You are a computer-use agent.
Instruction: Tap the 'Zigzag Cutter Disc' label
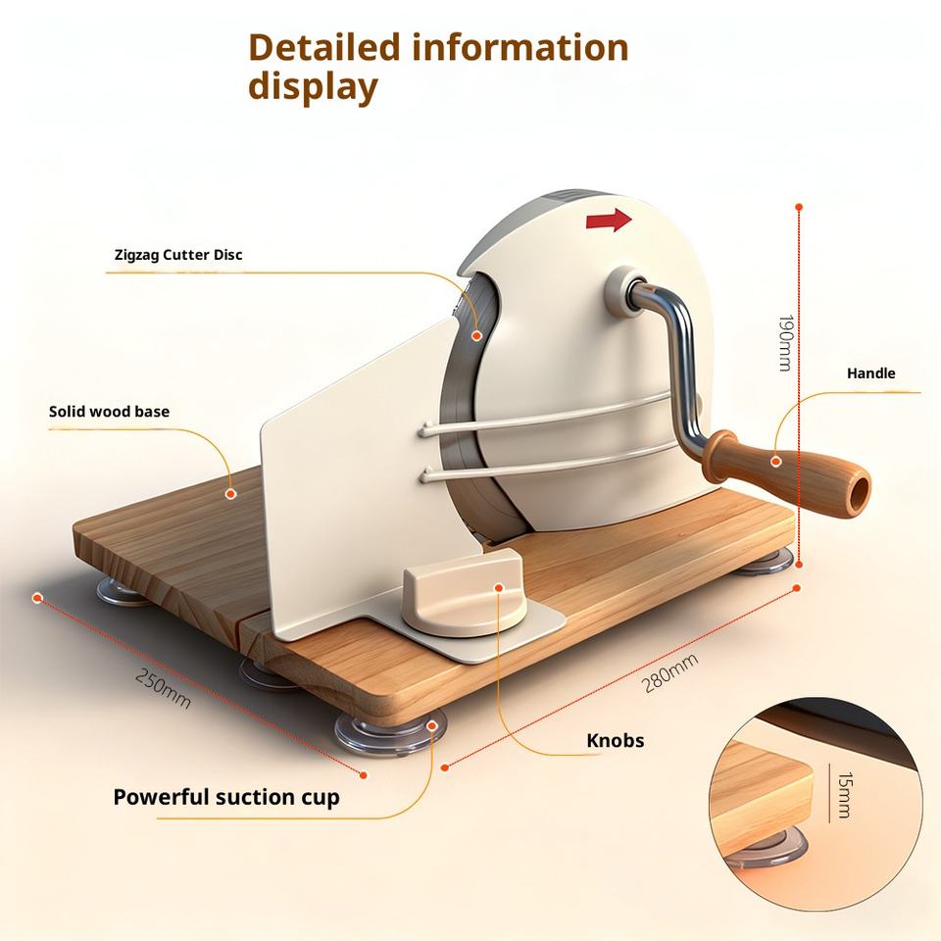click(178, 255)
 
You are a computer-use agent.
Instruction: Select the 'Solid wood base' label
click(109, 412)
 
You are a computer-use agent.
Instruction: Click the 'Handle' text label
click(870, 373)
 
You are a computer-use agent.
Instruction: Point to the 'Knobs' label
click(615, 740)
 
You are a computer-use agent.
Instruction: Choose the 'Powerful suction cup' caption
click(226, 797)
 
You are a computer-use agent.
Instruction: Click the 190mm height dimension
click(784, 343)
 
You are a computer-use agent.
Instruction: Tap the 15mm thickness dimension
click(843, 795)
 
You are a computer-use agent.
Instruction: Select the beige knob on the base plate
click(463, 593)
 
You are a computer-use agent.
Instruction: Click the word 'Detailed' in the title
click(323, 47)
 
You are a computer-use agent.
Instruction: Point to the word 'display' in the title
click(312, 86)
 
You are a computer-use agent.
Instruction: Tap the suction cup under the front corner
click(389, 732)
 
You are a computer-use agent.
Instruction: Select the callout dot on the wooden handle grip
click(775, 460)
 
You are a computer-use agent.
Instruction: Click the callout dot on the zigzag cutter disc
click(477, 335)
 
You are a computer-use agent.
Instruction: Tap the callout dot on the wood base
click(231, 494)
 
